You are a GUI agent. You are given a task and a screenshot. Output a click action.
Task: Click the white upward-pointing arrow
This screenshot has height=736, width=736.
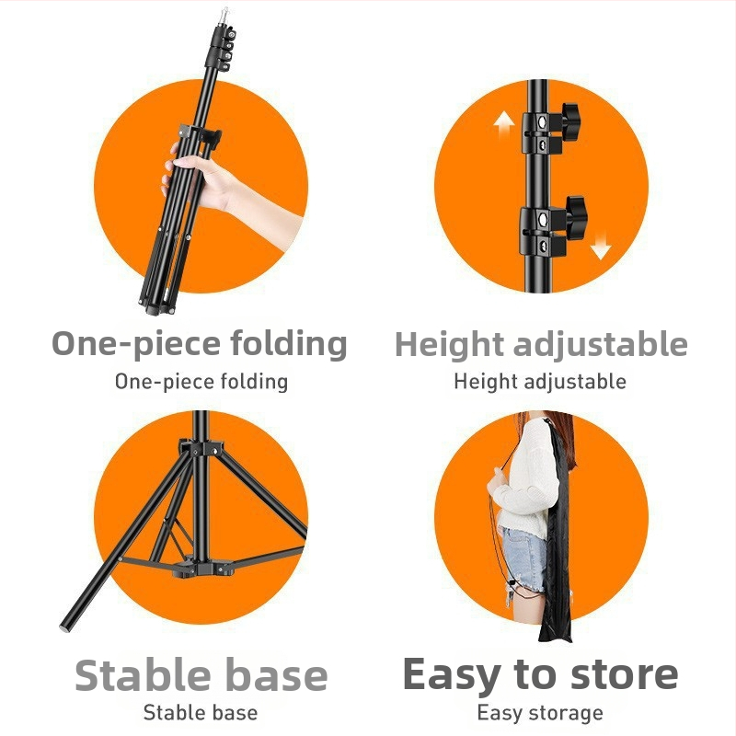coord(504,124)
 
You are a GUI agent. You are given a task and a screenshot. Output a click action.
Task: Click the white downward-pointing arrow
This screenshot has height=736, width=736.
coord(601,245)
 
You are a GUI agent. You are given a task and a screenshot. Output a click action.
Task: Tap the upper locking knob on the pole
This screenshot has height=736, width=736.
coord(570,121)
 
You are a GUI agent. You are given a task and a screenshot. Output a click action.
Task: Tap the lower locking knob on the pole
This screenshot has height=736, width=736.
coord(576,214)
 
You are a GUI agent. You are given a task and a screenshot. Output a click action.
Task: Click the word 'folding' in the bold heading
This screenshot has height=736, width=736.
coord(289,345)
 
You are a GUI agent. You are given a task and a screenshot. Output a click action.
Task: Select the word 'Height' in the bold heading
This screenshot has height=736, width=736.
coord(450,346)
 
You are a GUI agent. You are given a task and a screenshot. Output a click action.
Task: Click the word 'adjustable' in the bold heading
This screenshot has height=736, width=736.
coord(601,346)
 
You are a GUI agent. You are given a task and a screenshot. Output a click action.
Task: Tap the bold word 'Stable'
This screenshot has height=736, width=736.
coord(143,675)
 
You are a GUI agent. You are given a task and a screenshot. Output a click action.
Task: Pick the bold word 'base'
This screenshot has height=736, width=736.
coord(277,675)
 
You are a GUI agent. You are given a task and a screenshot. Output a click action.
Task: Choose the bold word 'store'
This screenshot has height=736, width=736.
coord(624,675)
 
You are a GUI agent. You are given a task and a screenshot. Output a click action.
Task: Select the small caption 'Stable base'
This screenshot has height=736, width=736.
coord(201,712)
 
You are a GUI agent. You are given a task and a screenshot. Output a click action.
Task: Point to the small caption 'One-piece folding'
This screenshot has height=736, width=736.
coord(201,382)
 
